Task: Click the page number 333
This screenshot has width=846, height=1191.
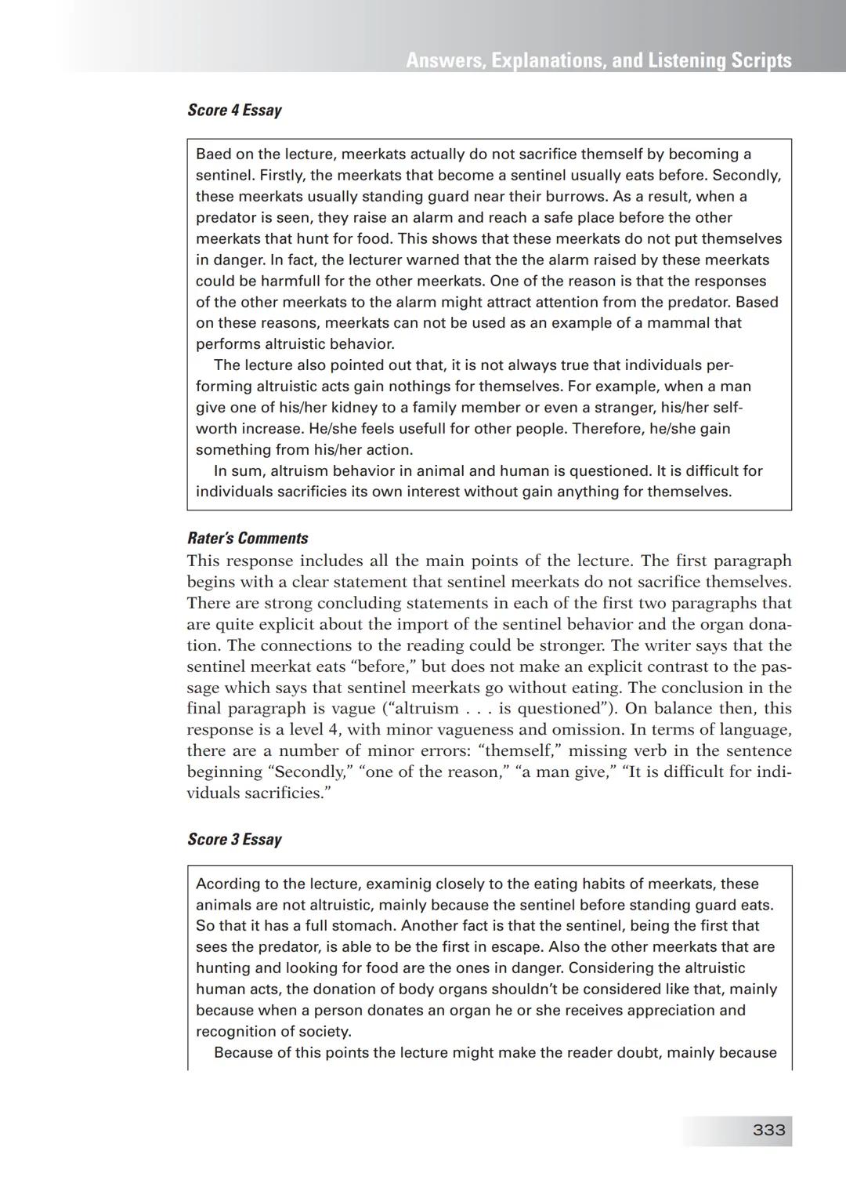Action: (x=768, y=1130)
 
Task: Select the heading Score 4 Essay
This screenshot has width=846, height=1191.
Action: (x=234, y=111)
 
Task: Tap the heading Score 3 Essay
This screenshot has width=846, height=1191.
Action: (x=234, y=840)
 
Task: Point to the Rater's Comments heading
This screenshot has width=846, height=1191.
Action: (x=248, y=539)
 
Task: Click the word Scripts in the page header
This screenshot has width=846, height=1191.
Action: (x=761, y=60)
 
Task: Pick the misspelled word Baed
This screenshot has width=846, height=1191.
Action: (x=213, y=154)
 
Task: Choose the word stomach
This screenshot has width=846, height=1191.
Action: (x=364, y=926)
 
